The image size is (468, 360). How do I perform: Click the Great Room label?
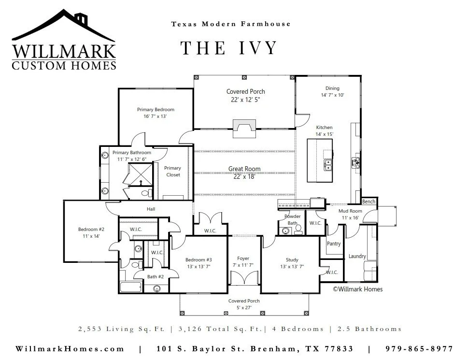(244, 169)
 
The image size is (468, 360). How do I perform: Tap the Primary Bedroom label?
(156, 110)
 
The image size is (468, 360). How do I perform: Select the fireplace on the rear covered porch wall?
(244, 129)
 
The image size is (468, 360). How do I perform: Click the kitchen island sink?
(328, 164)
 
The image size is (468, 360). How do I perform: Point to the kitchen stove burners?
(356, 163)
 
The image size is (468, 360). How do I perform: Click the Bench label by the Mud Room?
(369, 202)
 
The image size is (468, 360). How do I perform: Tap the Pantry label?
(334, 244)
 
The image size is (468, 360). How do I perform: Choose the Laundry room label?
(357, 256)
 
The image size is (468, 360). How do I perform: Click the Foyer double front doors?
(244, 278)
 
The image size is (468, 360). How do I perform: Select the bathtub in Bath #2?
(131, 287)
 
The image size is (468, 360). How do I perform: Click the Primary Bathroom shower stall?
(140, 174)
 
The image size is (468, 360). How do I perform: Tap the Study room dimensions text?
(292, 267)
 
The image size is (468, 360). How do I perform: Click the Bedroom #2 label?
(91, 229)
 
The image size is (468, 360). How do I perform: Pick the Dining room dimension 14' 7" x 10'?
(332, 95)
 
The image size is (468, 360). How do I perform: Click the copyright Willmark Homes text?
(357, 289)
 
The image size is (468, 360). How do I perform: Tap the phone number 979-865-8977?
(419, 349)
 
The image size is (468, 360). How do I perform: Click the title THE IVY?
(229, 48)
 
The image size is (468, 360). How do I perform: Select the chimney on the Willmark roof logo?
(81, 19)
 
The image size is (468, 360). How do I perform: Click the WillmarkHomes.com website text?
(70, 349)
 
